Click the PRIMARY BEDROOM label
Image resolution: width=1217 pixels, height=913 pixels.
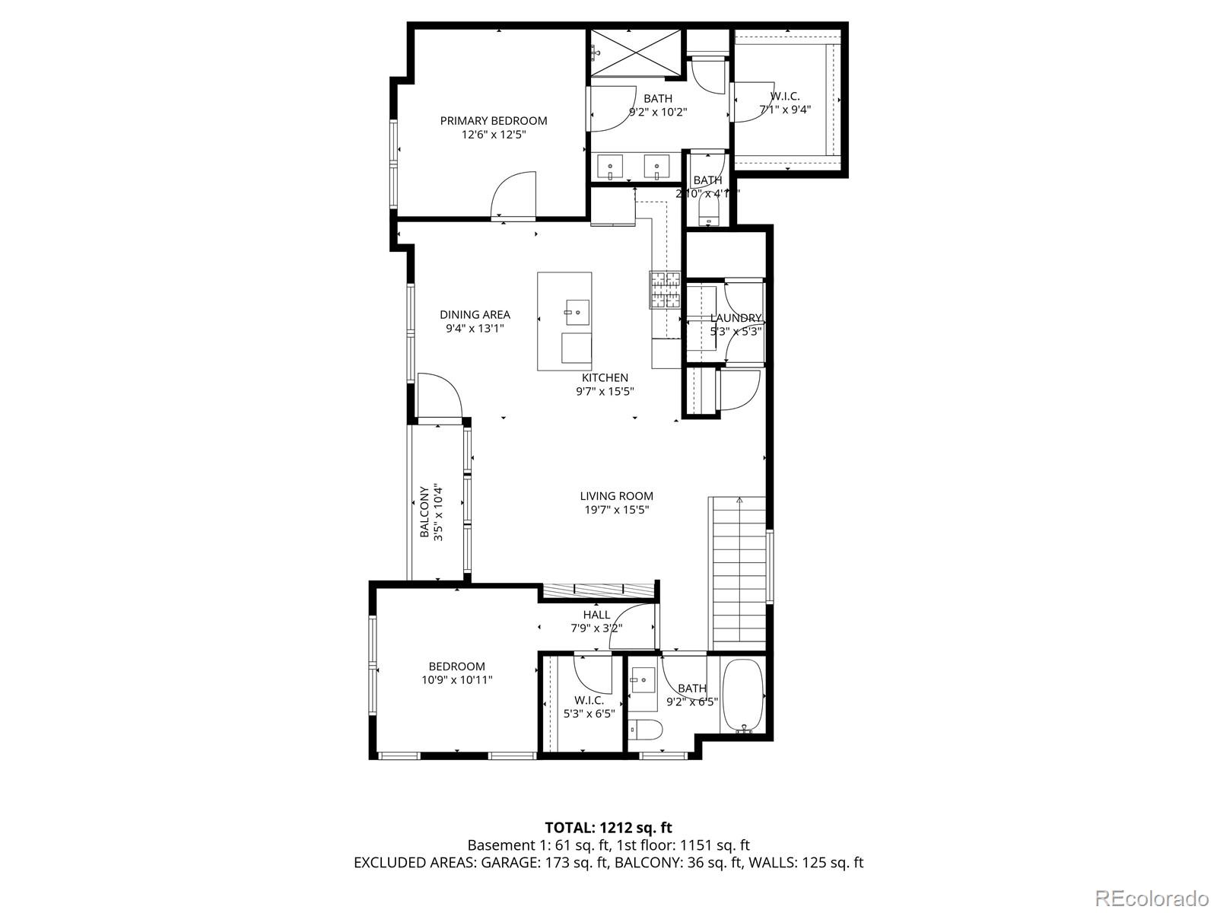[494, 120]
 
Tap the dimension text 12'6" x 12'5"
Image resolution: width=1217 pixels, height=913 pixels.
[494, 135]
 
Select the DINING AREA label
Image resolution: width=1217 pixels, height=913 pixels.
[475, 314]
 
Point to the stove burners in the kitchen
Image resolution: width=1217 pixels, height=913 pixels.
[665, 290]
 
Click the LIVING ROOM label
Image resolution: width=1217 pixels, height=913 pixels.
[616, 496]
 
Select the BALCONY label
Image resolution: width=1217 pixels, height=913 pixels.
[424, 512]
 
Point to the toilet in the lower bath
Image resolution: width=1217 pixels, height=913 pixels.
[646, 730]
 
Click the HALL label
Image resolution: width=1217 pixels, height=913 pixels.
[596, 615]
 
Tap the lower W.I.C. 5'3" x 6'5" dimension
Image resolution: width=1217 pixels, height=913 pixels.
[589, 714]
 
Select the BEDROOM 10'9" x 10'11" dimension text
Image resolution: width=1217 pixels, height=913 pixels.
[457, 680]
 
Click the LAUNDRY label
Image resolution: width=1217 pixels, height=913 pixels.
[736, 317]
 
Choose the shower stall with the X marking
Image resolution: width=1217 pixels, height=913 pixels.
[636, 52]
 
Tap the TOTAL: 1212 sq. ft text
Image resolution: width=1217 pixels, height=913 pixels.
[608, 827]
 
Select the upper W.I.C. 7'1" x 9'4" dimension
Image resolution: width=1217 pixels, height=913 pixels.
[785, 110]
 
